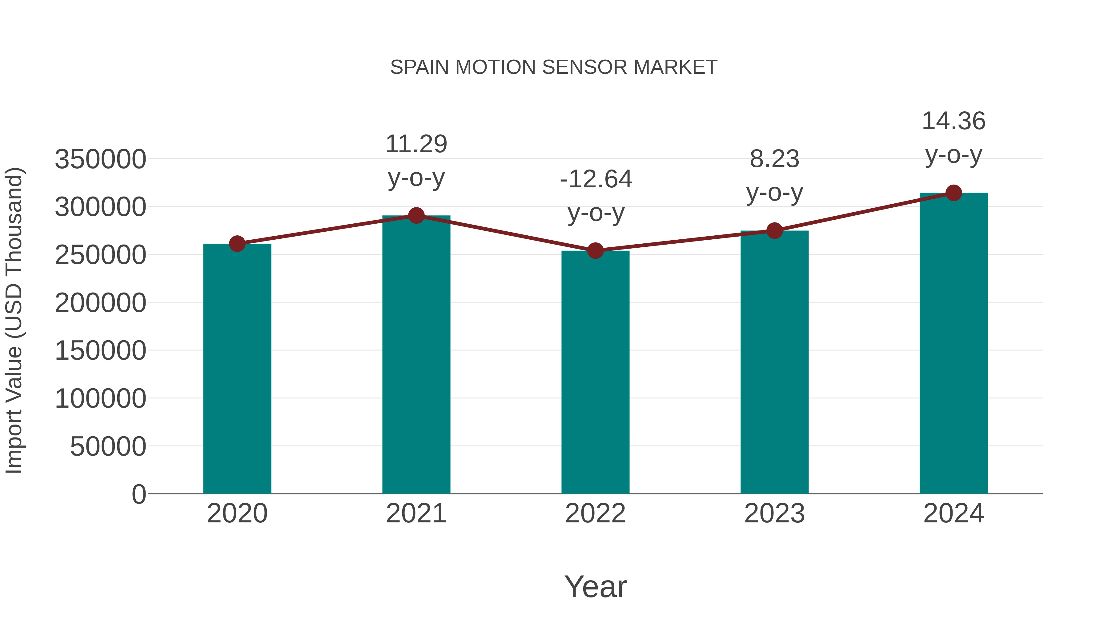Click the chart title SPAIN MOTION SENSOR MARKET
pyautogui.click(x=554, y=67)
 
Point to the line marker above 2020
pyautogui.click(x=237, y=244)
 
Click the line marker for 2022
pyautogui.click(x=595, y=251)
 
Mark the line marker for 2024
pyautogui.click(x=953, y=193)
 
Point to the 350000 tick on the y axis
pyautogui.click(x=100, y=159)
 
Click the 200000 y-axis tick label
pyautogui.click(x=100, y=303)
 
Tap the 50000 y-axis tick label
pyautogui.click(x=108, y=446)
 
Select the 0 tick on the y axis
pyautogui.click(x=138, y=494)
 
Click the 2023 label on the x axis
pyautogui.click(x=774, y=513)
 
